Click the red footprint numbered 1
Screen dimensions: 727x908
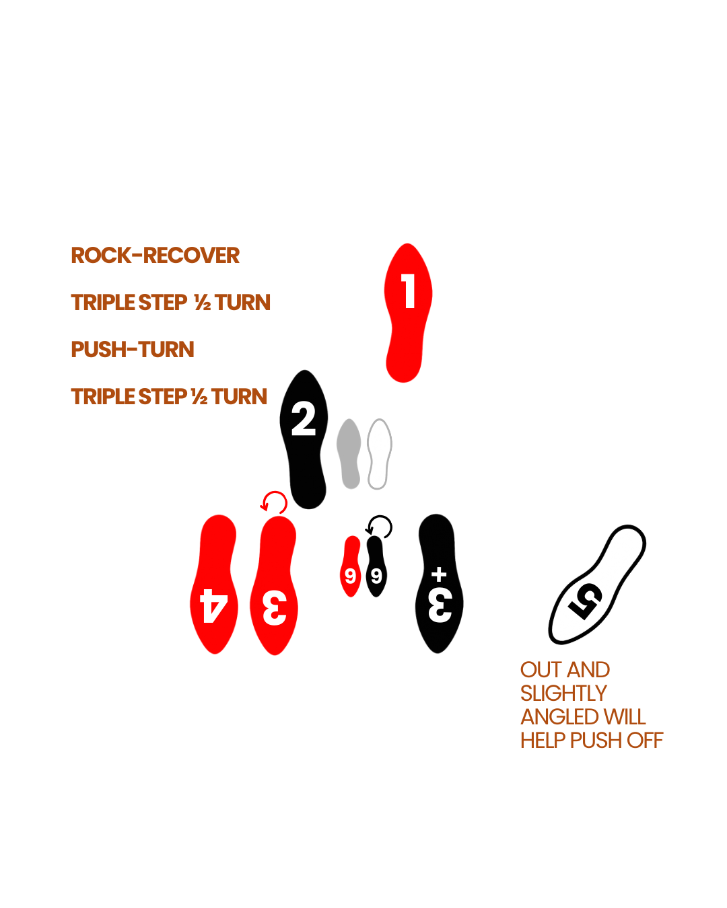407,313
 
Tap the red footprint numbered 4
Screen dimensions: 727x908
215,585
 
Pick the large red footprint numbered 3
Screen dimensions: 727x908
274,585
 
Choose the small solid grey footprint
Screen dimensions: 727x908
349,453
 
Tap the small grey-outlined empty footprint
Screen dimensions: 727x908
379,453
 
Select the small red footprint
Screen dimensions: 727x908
351,566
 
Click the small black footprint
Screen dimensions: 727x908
376,566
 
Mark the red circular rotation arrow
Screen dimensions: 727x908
275,502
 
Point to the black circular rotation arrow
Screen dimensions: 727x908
380,527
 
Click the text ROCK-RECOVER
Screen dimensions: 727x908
155,256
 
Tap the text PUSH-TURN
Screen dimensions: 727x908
133,350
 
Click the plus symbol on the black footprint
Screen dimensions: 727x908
439,574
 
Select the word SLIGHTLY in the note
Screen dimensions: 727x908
563,693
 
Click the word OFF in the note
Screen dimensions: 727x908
644,741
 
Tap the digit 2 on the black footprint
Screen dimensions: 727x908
304,418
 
